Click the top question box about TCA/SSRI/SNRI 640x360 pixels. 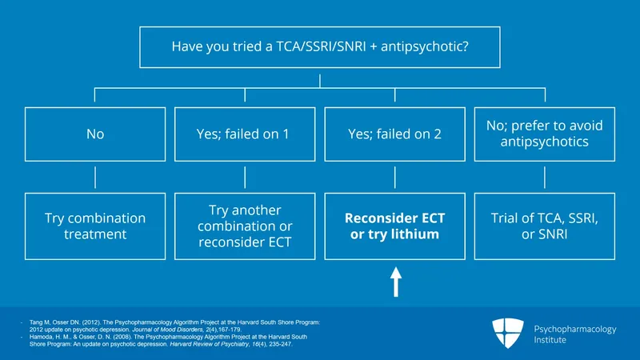coord(320,47)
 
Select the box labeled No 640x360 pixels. coord(94,134)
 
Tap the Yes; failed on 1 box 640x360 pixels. coord(244,134)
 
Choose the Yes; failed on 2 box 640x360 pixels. coord(394,134)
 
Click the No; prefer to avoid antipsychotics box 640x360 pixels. coord(544,134)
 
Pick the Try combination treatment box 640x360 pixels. coord(94,226)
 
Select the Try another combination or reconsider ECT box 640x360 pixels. coord(244,226)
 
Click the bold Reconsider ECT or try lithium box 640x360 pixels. coord(394,226)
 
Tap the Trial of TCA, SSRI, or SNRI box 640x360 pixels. coord(544,226)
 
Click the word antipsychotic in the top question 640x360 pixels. coord(427,47)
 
